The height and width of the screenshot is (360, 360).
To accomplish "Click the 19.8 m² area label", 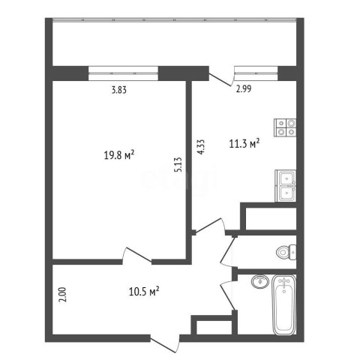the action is point(119,155).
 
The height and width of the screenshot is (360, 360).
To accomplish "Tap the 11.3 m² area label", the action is point(244,143).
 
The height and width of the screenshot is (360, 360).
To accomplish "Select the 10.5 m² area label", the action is point(144,291).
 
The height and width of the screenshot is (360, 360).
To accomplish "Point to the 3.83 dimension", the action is point(119,90).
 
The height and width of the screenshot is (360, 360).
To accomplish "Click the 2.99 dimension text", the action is point(244,88).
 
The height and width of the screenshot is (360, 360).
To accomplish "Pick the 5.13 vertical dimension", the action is point(178,164).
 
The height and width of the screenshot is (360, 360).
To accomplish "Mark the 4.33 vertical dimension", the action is point(201,147).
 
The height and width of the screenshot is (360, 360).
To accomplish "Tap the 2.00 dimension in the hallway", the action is point(62,295).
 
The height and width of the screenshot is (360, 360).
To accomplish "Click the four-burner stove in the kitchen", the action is point(285,127).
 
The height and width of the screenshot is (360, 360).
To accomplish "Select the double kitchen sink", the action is point(286,186).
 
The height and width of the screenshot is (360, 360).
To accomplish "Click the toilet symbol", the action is point(286,252).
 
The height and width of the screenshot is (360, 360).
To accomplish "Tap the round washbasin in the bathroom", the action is point(260,282).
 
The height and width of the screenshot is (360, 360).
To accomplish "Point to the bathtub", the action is point(284,304).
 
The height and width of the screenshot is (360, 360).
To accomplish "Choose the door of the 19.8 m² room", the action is point(136,256).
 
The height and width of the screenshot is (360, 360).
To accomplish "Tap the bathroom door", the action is point(227,295).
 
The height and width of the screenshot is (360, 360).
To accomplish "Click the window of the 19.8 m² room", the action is point(124,73).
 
